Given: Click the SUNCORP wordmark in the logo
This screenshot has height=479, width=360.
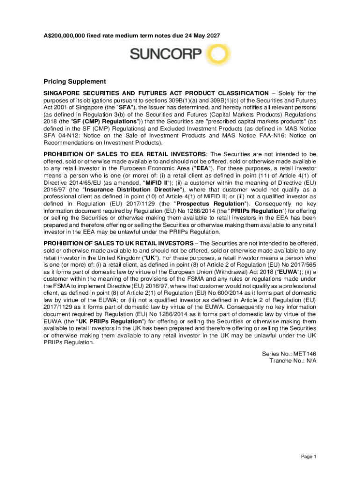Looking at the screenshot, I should (166, 56).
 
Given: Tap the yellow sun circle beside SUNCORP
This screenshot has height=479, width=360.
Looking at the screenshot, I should (216, 55).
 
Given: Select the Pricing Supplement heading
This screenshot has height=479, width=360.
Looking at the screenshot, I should (75, 81).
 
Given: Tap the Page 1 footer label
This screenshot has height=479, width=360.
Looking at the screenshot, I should (309, 457).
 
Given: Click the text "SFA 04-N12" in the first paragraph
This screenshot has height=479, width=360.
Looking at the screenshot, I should (60, 136).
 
